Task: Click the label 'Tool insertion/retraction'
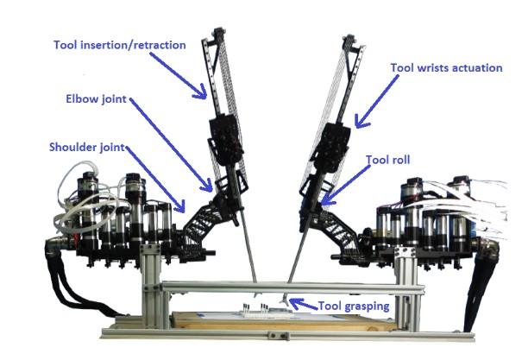click(x=120, y=45)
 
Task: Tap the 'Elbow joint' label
click(x=96, y=98)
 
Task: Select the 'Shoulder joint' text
click(x=87, y=148)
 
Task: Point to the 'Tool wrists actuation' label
click(x=446, y=67)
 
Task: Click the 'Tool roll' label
click(x=387, y=160)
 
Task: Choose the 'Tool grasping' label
click(x=354, y=306)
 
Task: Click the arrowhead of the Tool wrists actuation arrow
click(x=360, y=123)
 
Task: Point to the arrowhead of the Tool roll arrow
click(x=326, y=201)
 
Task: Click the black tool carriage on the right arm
click(x=331, y=148)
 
